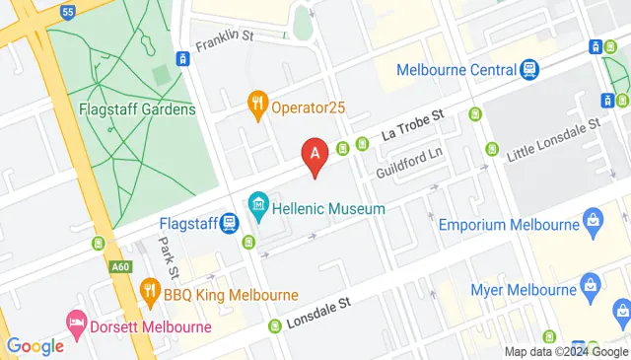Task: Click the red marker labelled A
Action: coord(315,156)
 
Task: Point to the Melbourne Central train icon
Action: coord(530,69)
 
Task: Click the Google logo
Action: coord(35,345)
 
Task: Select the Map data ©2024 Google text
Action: coord(565,352)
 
